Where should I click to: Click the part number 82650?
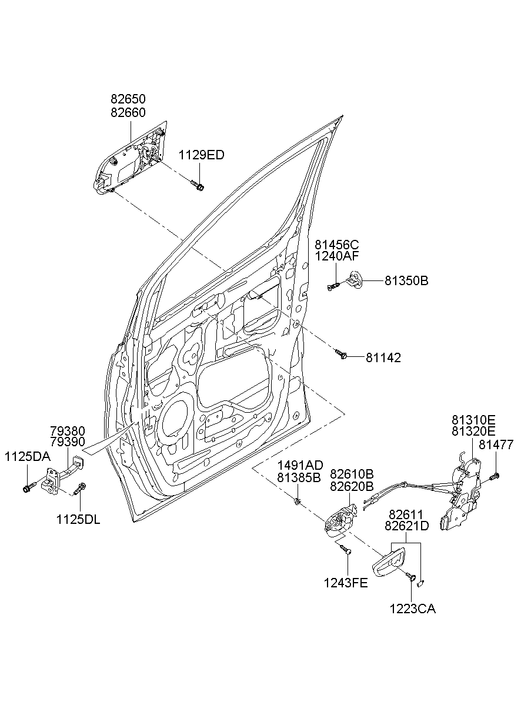click(x=128, y=99)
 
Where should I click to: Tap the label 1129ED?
click(x=201, y=155)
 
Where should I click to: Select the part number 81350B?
click(x=406, y=280)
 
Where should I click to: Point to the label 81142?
click(x=383, y=358)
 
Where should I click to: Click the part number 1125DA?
click(x=27, y=457)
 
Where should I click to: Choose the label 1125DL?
click(x=78, y=520)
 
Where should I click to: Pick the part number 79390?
click(x=68, y=442)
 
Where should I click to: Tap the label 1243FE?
click(x=346, y=583)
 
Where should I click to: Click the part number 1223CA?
click(x=413, y=609)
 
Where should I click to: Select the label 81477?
click(x=496, y=444)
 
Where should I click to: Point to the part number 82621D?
click(x=406, y=526)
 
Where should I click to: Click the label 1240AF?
click(x=336, y=256)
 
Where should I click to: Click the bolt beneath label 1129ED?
click(x=198, y=185)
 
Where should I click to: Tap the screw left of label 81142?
click(x=340, y=354)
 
